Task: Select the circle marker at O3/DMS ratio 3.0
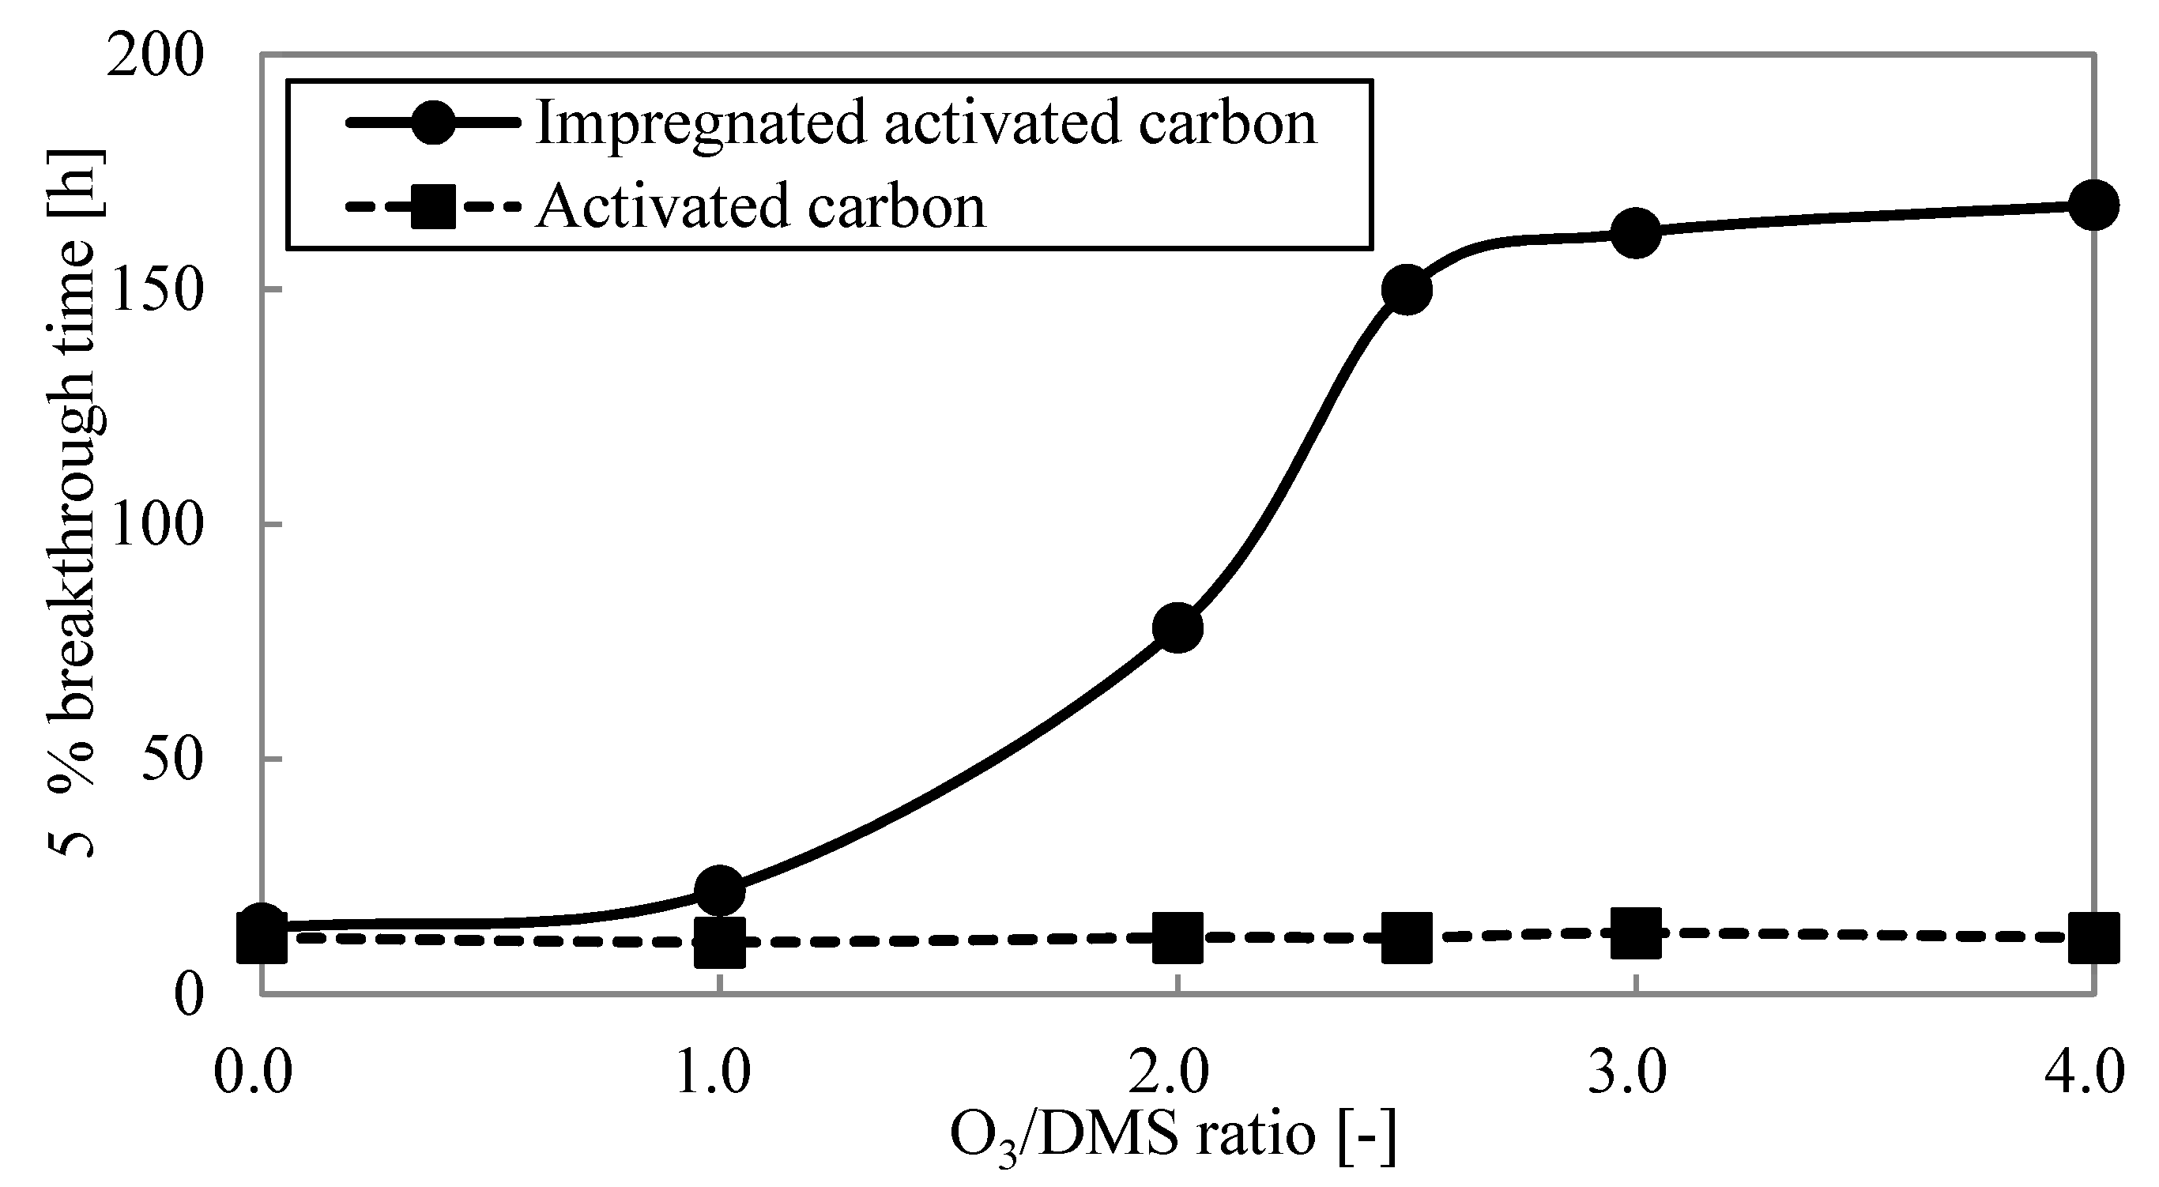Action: click(x=1635, y=233)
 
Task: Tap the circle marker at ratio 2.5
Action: click(x=1407, y=289)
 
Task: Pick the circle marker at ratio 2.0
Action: click(x=1177, y=627)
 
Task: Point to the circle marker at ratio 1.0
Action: click(x=720, y=889)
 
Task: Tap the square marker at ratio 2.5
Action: click(x=1407, y=937)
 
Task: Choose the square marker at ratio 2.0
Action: click(x=1177, y=937)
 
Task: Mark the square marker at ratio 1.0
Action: click(x=720, y=942)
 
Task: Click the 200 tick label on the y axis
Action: click(x=156, y=57)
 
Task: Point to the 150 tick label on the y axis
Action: click(x=156, y=291)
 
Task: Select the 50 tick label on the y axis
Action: click(x=172, y=759)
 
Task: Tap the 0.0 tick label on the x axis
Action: click(x=253, y=1073)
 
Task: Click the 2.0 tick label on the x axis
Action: click(x=1168, y=1073)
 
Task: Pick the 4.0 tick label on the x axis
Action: click(x=2085, y=1073)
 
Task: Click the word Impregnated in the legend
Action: click(x=700, y=124)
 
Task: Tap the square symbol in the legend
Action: click(x=433, y=206)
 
